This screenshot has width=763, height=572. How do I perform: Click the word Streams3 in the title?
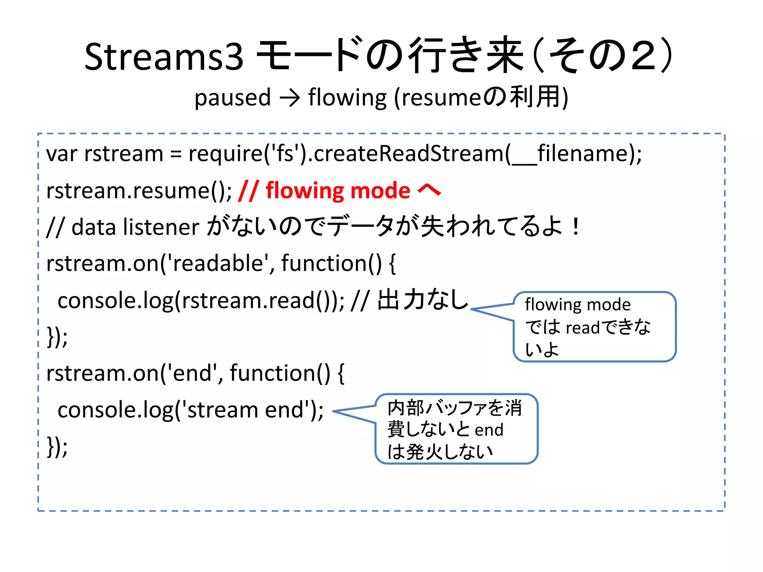point(164,57)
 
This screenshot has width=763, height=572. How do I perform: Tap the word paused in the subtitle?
point(232,98)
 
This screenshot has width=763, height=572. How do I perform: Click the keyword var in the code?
point(61,154)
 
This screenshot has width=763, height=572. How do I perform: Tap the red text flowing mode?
point(338,191)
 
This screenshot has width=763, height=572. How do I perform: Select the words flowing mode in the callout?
point(577,305)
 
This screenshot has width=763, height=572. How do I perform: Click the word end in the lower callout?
point(489,430)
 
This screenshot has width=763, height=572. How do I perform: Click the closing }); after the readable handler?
point(57,337)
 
